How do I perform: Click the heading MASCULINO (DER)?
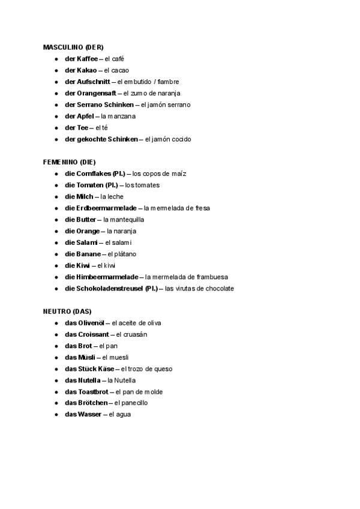(x=73, y=47)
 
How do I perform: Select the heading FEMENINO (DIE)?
(x=69, y=162)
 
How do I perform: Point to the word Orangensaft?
(x=97, y=93)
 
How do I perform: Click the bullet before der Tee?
(x=56, y=128)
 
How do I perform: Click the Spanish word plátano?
(x=125, y=254)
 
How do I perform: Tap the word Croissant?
(x=94, y=334)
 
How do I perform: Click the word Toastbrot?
(x=94, y=392)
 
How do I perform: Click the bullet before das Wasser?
(x=56, y=415)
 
